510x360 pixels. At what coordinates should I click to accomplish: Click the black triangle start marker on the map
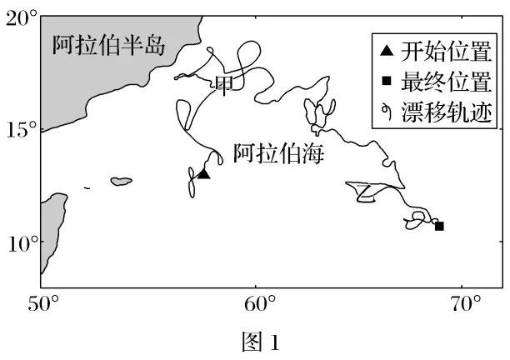click(202, 174)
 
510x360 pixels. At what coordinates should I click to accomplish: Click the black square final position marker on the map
click(439, 226)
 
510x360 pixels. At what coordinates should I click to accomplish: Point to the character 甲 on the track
click(224, 83)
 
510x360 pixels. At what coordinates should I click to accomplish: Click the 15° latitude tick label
click(20, 130)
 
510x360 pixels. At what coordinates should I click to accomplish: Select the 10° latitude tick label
click(20, 242)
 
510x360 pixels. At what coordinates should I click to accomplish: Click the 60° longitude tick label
click(257, 304)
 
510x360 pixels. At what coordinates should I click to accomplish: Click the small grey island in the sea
click(122, 181)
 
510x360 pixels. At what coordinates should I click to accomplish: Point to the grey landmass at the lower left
click(52, 229)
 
